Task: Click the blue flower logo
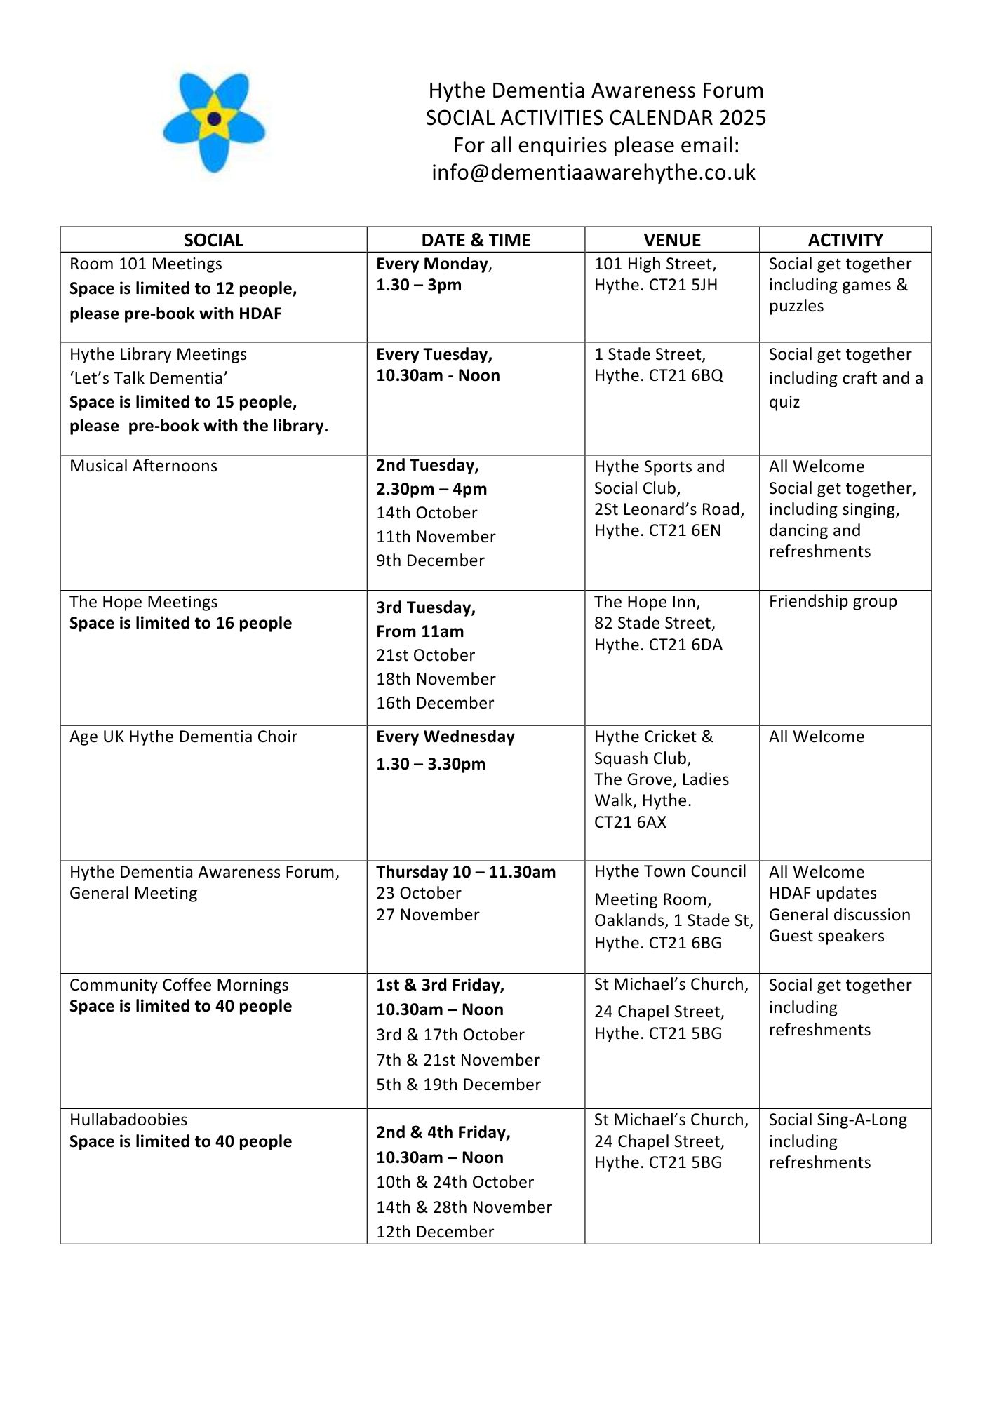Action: point(214,121)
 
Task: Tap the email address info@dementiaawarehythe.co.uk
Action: point(594,173)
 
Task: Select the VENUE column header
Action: point(672,240)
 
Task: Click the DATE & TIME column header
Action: point(476,240)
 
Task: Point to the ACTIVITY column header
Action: point(845,240)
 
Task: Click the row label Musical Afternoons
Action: point(143,466)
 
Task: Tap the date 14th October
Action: point(427,513)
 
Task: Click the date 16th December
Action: point(435,703)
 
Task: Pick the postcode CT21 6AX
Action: point(630,822)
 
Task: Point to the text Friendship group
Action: point(833,601)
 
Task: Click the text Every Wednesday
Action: point(445,737)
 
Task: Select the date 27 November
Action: point(428,915)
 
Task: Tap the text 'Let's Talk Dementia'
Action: point(149,378)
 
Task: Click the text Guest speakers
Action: point(826,936)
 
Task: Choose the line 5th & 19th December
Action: point(458,1085)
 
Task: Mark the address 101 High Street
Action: point(655,264)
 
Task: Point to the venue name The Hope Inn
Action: point(646,602)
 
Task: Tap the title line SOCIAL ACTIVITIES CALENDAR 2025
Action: point(596,118)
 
